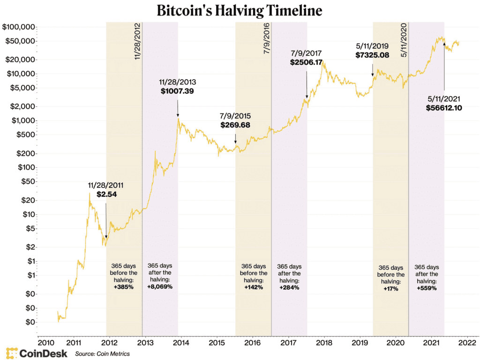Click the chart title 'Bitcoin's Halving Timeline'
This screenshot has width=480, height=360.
point(240,10)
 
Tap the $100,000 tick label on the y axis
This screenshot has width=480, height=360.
point(18,27)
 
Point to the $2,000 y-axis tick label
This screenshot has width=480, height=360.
point(21,106)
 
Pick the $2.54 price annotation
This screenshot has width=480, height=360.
point(105,194)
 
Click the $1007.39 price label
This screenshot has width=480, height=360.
point(177,91)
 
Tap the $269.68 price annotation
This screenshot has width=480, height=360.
point(235,125)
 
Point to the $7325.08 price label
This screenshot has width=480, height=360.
point(372,55)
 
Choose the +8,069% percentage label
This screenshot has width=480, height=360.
point(160,287)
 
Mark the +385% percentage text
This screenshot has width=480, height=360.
point(124,287)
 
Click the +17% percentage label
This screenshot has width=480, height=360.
point(390,289)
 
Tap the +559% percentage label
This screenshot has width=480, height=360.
point(427,289)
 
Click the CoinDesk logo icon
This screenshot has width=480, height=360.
point(12,353)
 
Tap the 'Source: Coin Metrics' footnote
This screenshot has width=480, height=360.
point(102,353)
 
